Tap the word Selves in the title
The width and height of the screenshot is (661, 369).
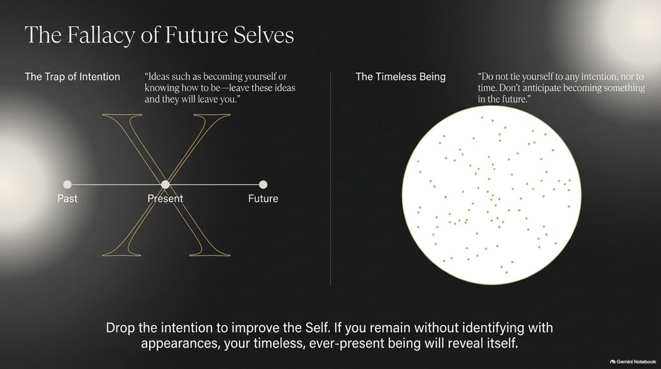point(263,35)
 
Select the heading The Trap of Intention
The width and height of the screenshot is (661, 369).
point(72,77)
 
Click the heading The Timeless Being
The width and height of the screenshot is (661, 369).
point(400,77)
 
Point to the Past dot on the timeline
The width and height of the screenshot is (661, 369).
point(67,184)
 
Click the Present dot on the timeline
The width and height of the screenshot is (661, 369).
point(165,184)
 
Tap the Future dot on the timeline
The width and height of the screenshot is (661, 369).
point(263,184)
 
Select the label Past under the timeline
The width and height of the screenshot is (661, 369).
point(67,199)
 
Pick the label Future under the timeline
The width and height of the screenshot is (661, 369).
point(263,199)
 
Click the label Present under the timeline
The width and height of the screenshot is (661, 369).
point(165,199)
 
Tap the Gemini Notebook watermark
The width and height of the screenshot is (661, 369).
point(633,361)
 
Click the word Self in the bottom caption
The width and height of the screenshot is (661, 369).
point(316,328)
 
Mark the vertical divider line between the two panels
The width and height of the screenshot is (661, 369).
point(330,179)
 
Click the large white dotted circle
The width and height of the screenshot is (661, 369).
point(491,195)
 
